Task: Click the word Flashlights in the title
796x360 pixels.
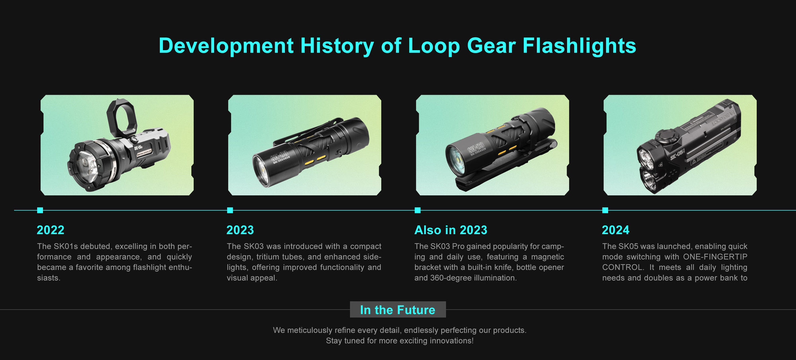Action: click(579, 46)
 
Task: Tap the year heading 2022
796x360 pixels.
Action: click(51, 230)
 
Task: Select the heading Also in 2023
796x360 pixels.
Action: click(451, 230)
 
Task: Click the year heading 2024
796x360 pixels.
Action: click(615, 230)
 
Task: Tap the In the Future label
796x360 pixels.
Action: click(398, 310)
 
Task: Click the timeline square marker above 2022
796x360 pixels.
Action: click(40, 210)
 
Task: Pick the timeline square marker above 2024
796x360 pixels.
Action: click(605, 210)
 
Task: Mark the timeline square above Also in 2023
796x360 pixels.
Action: click(418, 210)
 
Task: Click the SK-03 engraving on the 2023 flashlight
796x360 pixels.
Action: click(279, 157)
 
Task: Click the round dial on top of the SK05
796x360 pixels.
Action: click(664, 137)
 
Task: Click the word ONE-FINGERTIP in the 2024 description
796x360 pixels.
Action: click(715, 257)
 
